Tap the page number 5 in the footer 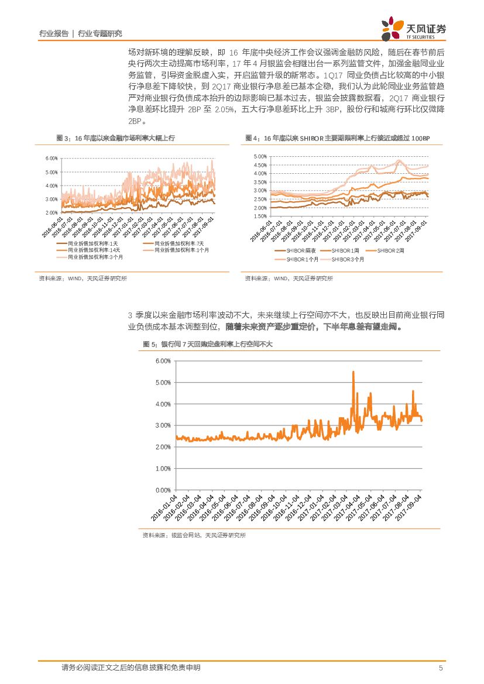click(441, 668)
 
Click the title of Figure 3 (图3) click(115, 138)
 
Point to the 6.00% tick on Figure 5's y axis click(163, 361)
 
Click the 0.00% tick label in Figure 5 click(163, 490)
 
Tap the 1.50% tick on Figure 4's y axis click(259, 216)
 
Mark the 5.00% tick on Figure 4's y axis click(259, 157)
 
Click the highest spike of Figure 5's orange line click(353, 372)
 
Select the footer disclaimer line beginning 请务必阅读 click(131, 668)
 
